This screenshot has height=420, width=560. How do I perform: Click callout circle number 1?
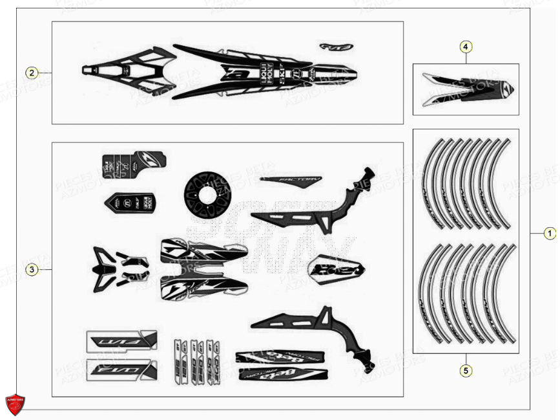point(549,233)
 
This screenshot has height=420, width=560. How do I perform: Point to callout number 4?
point(466,47)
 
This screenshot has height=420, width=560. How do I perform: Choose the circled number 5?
point(466,370)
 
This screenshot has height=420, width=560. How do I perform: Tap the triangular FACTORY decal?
point(291,181)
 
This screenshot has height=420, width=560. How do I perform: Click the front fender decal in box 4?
point(466,89)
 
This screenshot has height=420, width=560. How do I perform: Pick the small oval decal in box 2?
point(336,47)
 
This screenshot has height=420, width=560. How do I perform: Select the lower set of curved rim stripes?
point(466,293)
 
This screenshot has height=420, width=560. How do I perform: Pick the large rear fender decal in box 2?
point(245,71)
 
